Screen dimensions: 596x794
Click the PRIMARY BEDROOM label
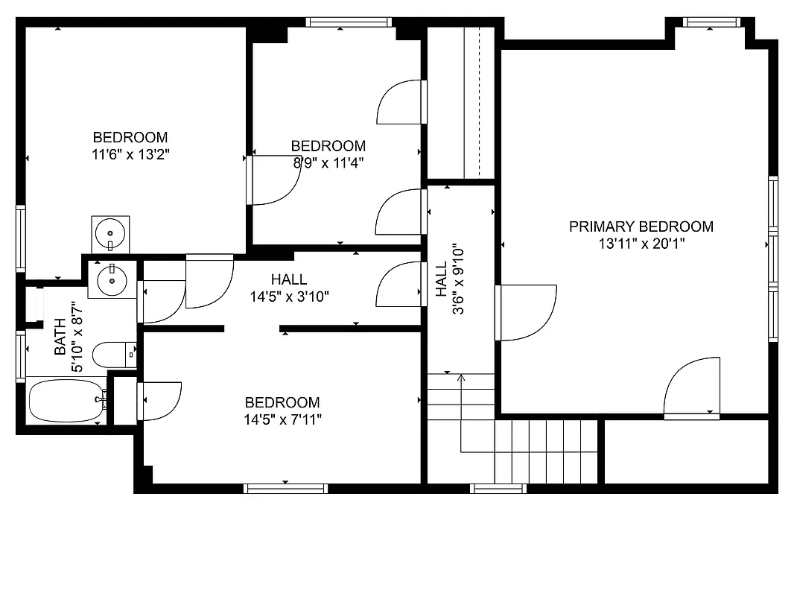[x=641, y=226]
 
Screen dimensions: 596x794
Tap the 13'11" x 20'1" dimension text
[x=641, y=243]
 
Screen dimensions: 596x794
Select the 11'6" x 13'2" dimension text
[x=130, y=154]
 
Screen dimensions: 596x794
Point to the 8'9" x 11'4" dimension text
[x=328, y=162]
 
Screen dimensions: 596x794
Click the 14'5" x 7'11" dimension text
[x=282, y=419]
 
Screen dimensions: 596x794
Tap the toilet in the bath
[x=113, y=355]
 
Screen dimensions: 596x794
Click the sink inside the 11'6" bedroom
[x=110, y=234]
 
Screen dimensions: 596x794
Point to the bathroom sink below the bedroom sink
[x=112, y=279]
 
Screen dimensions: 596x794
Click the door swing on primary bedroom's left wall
[x=527, y=313]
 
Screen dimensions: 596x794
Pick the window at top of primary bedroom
[x=712, y=22]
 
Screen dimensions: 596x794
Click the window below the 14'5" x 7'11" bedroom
[x=286, y=489]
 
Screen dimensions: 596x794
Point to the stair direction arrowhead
[x=461, y=378]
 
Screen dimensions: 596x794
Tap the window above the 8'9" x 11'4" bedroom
[x=350, y=22]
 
